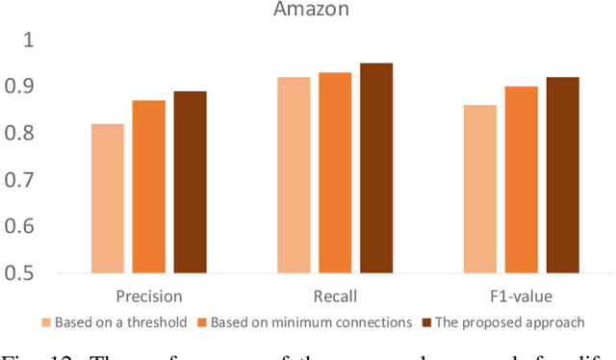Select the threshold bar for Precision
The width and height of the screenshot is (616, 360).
[107, 198]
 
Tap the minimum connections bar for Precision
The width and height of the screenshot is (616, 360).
[148, 187]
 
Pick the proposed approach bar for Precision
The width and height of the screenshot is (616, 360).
[190, 182]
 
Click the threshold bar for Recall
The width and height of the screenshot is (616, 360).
[294, 175]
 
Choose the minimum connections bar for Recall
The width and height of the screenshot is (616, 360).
[335, 172]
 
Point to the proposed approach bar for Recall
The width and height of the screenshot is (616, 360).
[376, 168]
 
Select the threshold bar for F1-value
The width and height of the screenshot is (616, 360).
[480, 189]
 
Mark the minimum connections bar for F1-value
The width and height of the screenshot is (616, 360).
[522, 180]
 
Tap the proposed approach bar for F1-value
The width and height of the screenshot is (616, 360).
[562, 175]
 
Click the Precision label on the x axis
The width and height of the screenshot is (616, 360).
[148, 296]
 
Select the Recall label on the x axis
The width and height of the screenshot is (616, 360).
[335, 296]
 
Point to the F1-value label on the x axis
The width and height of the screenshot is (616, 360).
[521, 296]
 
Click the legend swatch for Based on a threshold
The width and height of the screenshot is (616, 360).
[45, 322]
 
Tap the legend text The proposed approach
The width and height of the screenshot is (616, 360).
[510, 322]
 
